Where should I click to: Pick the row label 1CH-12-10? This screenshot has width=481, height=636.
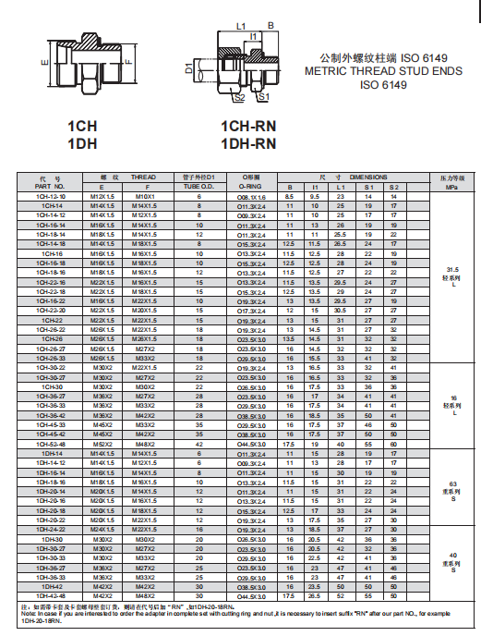coord(51,196)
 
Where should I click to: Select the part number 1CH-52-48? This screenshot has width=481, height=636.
coord(51,444)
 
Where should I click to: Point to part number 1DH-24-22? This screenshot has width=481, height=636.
coord(51,529)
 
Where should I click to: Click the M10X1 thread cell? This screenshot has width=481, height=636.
coord(145,196)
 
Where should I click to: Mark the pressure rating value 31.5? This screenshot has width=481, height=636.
coord(451,267)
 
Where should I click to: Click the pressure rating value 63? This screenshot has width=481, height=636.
coord(451,483)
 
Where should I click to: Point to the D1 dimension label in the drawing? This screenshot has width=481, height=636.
coord(188,67)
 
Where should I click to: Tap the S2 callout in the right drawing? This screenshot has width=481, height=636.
coord(239,96)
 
